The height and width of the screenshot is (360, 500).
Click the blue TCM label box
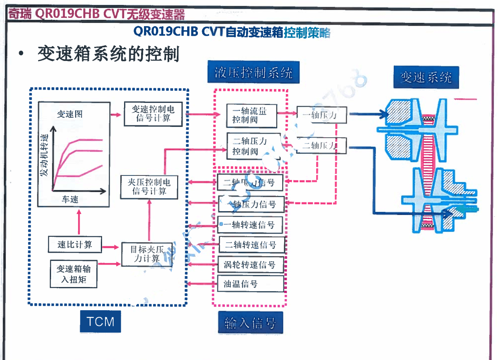tap(100, 321)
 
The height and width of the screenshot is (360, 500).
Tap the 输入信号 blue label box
tap(250, 323)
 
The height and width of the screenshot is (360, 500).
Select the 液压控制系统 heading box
tap(253, 73)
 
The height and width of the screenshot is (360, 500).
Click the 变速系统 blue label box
tap(426, 77)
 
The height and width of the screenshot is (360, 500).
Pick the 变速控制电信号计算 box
tap(153, 114)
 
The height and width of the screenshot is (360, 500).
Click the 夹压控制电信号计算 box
tap(149, 187)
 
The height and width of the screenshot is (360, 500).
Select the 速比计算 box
tap(75, 245)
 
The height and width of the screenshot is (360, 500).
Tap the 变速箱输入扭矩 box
tap(73, 274)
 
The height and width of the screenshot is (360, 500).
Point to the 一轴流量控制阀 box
tap(251, 116)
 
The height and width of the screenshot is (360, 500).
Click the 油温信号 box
tap(251, 284)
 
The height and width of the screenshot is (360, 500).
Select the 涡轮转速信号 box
tap(251, 265)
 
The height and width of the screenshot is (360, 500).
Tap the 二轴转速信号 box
tap(251, 245)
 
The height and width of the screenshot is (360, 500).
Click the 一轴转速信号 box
tap(251, 225)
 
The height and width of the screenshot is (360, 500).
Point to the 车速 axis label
tap(70, 199)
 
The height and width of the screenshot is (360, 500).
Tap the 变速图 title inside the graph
tap(70, 114)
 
